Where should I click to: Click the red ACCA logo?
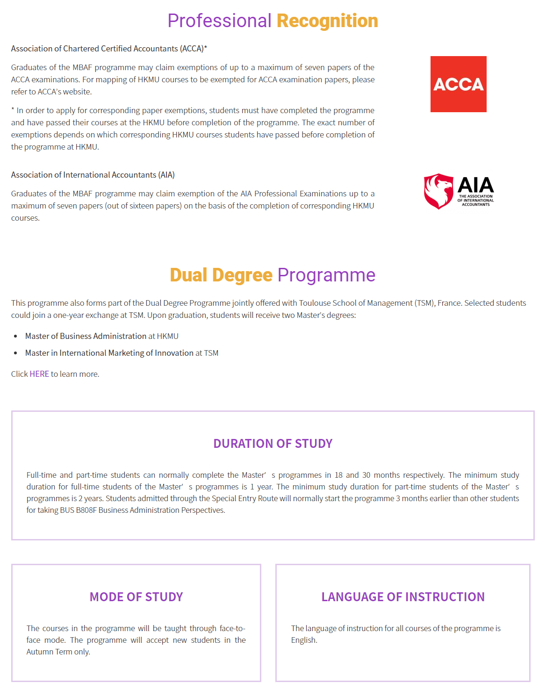pos(458,84)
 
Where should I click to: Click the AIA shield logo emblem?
pos(438,191)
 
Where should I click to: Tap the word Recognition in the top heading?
pos(327,21)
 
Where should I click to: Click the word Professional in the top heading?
pos(219,21)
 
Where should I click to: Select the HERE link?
pos(39,374)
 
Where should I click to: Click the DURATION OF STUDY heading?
pos(273,444)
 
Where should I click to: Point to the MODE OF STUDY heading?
pos(136,597)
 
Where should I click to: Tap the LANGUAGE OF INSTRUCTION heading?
pos(403,597)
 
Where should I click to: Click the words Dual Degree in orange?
pos(221,275)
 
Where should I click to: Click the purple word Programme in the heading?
pos(326,275)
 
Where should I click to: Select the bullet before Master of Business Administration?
pos(16,337)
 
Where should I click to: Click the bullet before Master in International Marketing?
pos(16,353)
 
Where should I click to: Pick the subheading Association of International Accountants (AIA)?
pos(93,175)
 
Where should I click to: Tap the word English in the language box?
pos(303,640)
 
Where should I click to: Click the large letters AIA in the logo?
pos(475,185)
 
